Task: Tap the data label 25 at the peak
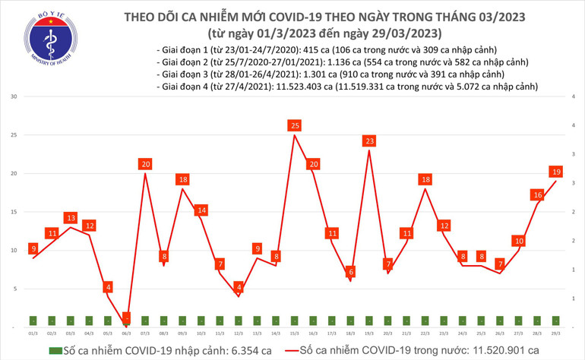click(x=295, y=125)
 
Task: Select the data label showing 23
click(x=369, y=141)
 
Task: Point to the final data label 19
click(x=557, y=172)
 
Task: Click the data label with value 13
click(x=71, y=218)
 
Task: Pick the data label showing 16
click(x=538, y=194)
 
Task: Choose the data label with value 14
click(x=201, y=210)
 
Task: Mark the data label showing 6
click(x=350, y=271)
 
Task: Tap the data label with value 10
click(x=519, y=241)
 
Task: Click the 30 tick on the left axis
click(x=14, y=97)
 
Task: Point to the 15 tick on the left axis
click(x=14, y=212)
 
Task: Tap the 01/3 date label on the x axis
click(x=33, y=333)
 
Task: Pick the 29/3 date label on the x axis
click(x=556, y=333)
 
